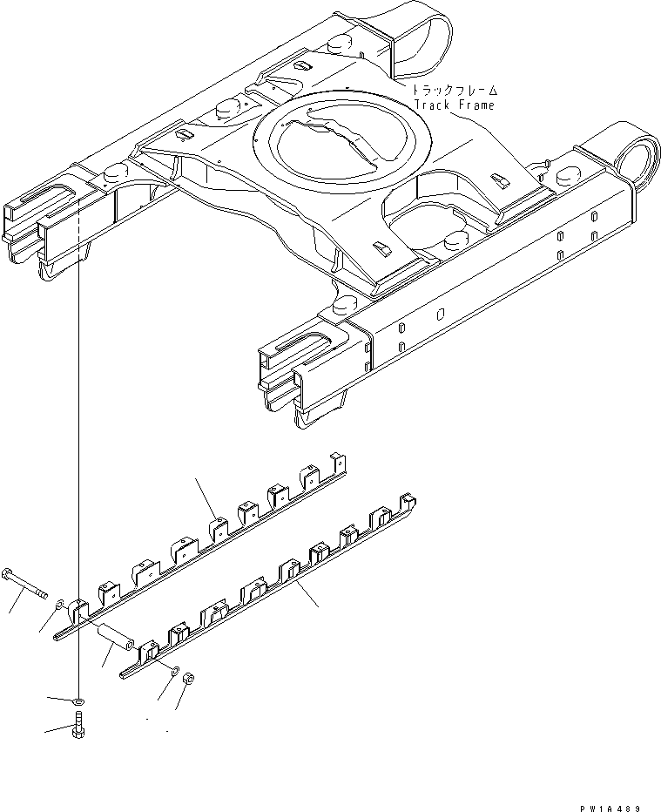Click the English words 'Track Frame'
(454, 105)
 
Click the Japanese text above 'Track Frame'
(455, 89)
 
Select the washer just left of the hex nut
(176, 671)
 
